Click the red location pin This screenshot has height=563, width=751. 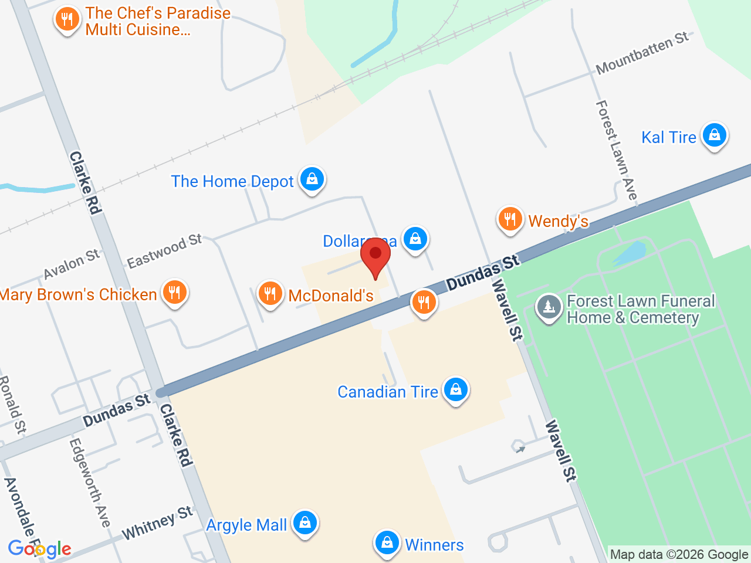pos(375,258)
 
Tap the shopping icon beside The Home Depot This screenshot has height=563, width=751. pos(312,179)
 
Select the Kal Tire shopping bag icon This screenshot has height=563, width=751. pos(714,135)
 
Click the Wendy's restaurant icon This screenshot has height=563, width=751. pos(510,219)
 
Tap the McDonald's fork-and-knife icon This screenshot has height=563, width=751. pos(270,293)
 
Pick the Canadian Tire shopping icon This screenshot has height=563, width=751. pos(456,389)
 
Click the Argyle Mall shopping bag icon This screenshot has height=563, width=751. pos(305,522)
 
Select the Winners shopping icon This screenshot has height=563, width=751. pos(387,543)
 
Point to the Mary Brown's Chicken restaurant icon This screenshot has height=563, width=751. pos(174,292)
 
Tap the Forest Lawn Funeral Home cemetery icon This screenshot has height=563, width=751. pos(549,307)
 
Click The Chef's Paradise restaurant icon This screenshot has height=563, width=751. pos(67,20)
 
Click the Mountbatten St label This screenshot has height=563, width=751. pos(642,53)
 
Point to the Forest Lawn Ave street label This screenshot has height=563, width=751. pos(616,150)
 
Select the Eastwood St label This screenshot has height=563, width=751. pos(164,251)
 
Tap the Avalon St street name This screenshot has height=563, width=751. pos(72,264)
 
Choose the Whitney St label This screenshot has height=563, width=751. pos(157,523)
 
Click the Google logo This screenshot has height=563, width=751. pos(39,549)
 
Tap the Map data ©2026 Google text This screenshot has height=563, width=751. pos(679,554)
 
